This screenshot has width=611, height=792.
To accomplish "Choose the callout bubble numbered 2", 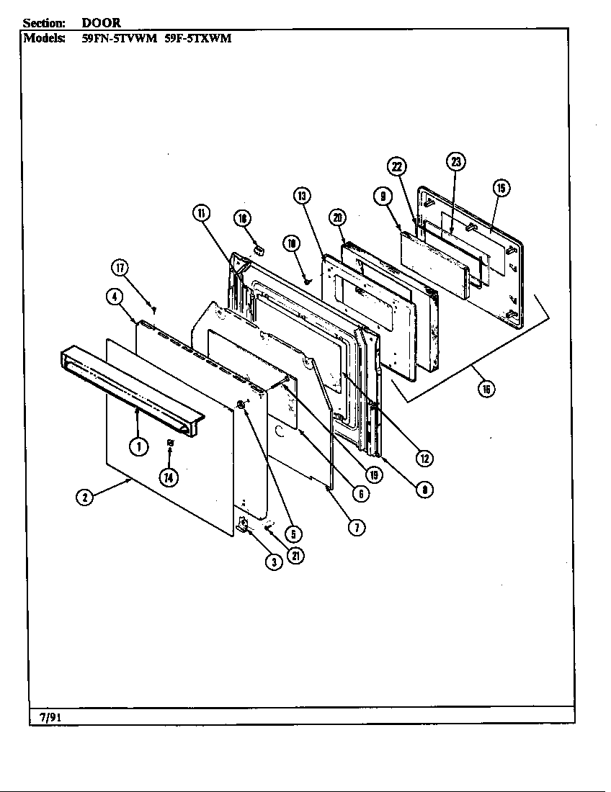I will [x=85, y=497].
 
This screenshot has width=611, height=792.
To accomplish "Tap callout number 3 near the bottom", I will [x=274, y=562].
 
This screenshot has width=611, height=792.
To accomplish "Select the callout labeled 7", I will [x=357, y=527].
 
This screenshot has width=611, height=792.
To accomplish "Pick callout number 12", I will [x=425, y=458].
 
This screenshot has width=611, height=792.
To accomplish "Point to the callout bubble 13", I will [x=302, y=196].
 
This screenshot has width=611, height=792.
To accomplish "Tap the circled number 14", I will [x=169, y=476].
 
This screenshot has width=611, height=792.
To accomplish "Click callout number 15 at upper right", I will [x=501, y=188].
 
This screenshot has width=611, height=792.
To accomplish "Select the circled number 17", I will [x=120, y=269].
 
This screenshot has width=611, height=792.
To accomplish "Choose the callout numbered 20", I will [x=337, y=217].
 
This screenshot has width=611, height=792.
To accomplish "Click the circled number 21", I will [x=294, y=556].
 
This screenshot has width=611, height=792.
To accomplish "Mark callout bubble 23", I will [x=455, y=161].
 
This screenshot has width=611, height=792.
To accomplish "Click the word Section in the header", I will [x=45, y=23].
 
